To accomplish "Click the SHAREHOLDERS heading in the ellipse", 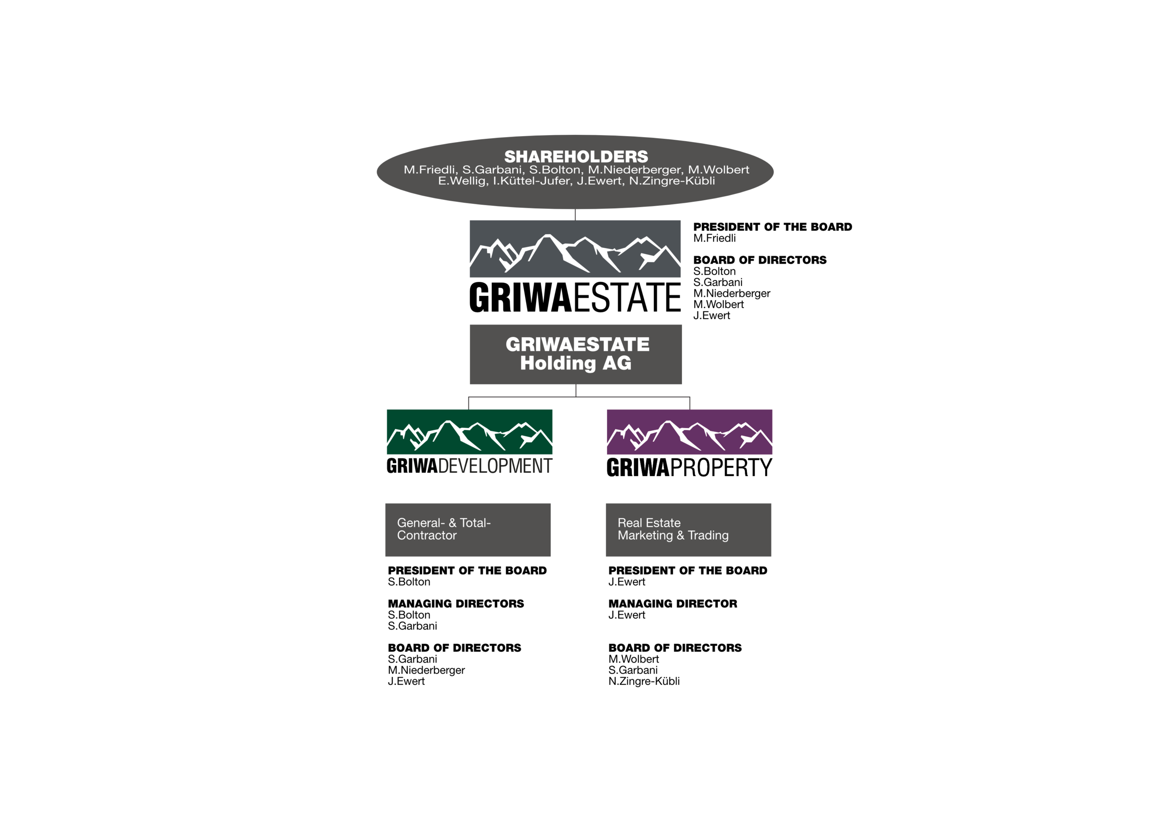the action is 576,157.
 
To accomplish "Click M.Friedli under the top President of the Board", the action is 714,238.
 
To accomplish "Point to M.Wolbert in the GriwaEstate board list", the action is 718,304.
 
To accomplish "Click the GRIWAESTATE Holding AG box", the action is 576,354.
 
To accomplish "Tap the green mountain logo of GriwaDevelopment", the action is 470,432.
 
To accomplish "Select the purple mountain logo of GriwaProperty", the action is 689,432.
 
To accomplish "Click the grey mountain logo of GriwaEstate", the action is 575,249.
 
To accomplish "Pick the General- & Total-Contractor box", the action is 468,530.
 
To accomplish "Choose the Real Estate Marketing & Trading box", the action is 688,530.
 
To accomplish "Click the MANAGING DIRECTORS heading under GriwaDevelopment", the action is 456,604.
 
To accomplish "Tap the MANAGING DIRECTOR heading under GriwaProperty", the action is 673,604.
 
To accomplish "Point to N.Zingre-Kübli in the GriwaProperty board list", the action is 644,681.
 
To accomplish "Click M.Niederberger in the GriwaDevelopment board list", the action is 426,670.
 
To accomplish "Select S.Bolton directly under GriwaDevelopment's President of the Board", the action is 409,582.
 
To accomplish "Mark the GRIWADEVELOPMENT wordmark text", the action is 470,466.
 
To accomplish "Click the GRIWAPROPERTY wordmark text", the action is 689,467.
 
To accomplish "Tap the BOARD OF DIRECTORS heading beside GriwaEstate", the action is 760,260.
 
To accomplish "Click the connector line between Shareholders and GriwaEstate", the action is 575,215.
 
